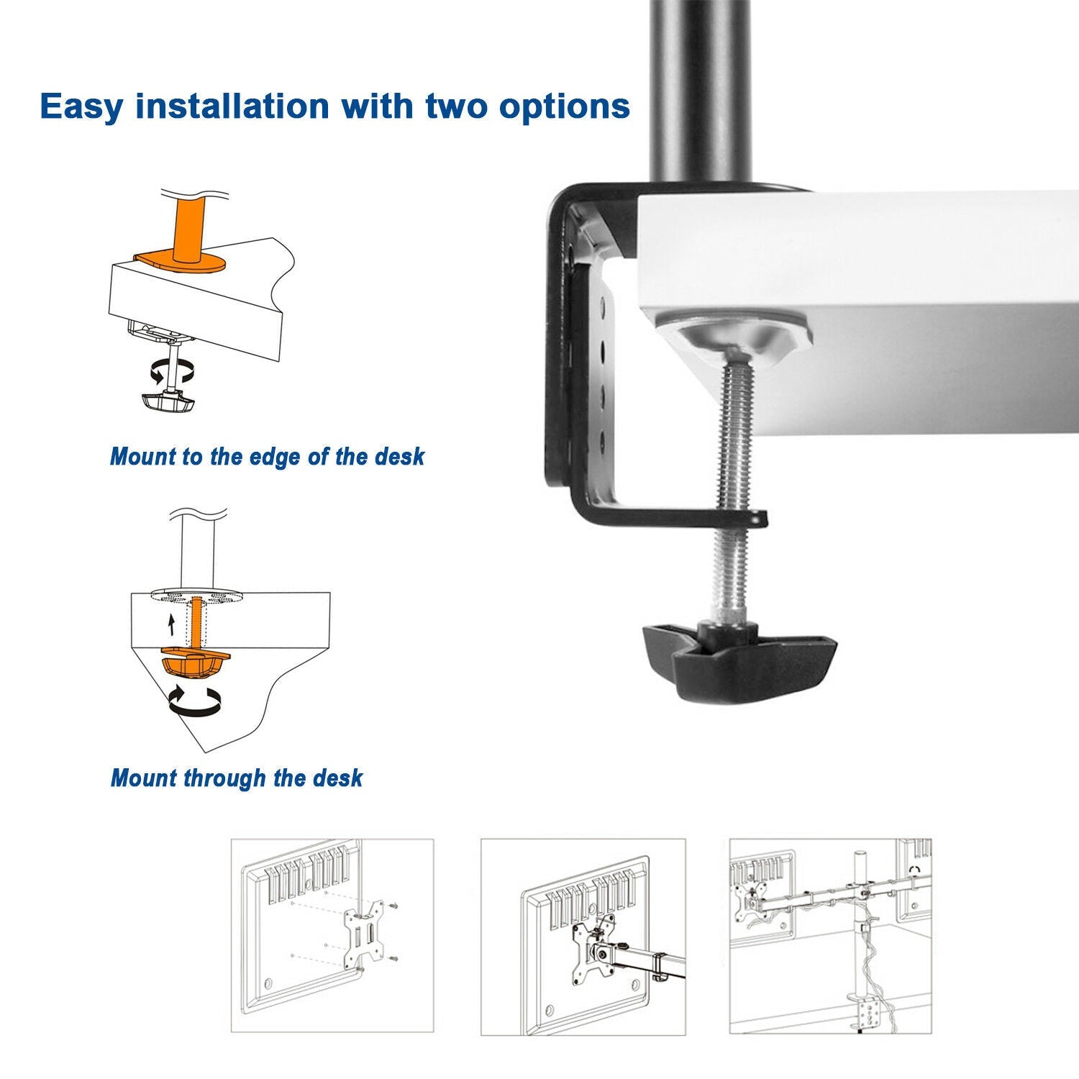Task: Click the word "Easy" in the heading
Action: (x=81, y=106)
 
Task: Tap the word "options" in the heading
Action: (x=564, y=106)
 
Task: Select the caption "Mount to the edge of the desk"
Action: (x=267, y=457)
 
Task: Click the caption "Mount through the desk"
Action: (x=237, y=778)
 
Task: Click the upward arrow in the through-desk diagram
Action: (x=171, y=623)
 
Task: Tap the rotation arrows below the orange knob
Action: (x=194, y=701)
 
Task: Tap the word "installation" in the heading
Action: (x=233, y=106)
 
